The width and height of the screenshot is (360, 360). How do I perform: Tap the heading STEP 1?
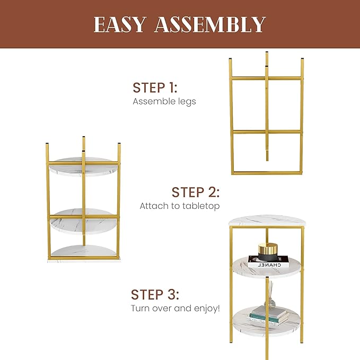[x=155, y=87]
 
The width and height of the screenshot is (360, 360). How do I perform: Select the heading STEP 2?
[x=195, y=192]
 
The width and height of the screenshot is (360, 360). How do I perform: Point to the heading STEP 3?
[x=155, y=295]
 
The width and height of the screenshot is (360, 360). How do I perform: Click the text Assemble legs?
[x=164, y=101]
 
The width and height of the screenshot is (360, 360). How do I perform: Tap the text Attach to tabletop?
[x=179, y=206]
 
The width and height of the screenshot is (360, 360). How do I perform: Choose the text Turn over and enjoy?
[x=175, y=308]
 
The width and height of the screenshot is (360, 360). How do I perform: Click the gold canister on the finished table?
[x=268, y=250]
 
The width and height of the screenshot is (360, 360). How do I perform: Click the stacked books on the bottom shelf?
[x=269, y=317]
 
